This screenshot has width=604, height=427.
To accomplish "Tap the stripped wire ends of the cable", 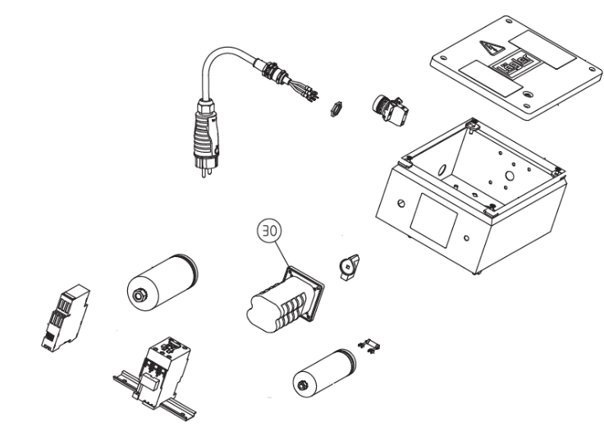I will [311, 92].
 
